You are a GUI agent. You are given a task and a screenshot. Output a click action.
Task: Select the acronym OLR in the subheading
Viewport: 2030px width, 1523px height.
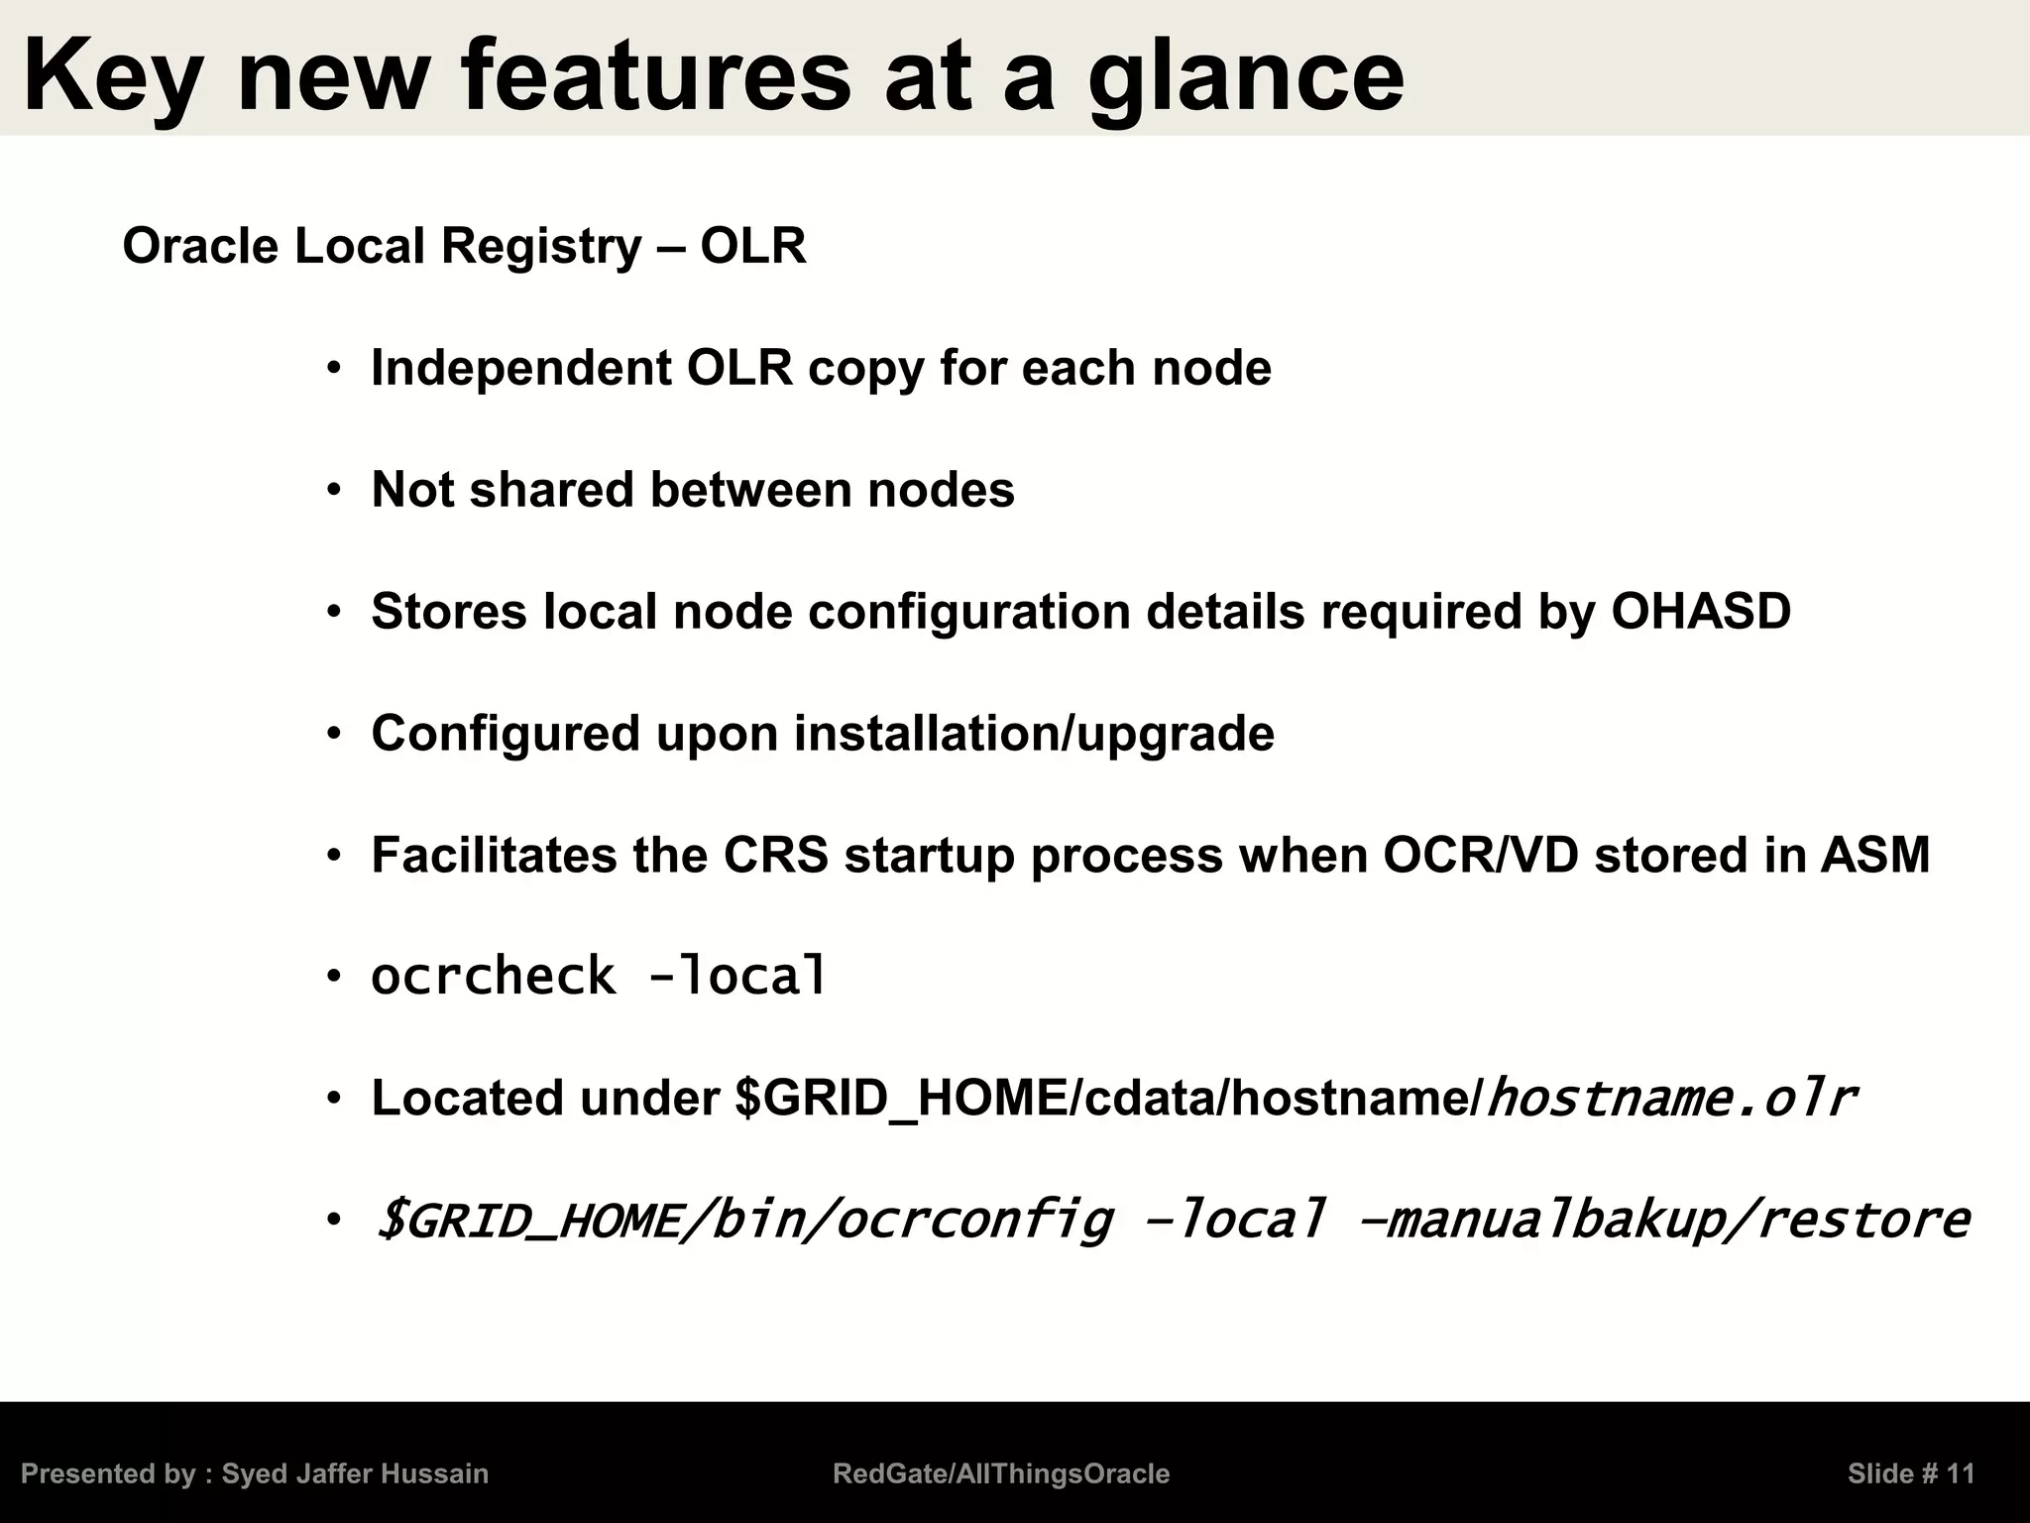[x=753, y=246]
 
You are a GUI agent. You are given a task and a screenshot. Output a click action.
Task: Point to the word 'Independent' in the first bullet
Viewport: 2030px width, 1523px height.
[x=521, y=369]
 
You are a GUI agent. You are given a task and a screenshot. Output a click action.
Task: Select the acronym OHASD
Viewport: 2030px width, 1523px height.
[x=1701, y=611]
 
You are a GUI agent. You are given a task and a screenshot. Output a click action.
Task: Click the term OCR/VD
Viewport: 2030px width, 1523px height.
[x=1480, y=856]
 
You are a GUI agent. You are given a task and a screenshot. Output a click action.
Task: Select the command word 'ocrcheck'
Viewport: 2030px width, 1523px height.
[x=493, y=977]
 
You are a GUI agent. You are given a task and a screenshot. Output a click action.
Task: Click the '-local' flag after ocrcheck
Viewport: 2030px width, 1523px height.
[x=736, y=977]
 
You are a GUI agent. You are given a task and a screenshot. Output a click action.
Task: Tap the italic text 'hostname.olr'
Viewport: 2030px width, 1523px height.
[x=1672, y=1099]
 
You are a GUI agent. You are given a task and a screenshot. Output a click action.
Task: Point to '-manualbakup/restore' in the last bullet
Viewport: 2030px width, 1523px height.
[x=1661, y=1221]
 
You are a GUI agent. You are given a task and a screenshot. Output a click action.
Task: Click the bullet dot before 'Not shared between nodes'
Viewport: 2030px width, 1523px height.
[x=334, y=491]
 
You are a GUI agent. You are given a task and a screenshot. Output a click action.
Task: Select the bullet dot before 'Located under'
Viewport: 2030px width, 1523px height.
[x=334, y=1099]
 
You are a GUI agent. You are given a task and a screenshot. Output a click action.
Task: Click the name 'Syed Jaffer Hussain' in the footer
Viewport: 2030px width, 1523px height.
[x=355, y=1474]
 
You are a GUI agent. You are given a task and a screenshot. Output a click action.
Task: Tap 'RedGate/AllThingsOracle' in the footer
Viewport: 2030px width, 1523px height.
[x=1001, y=1474]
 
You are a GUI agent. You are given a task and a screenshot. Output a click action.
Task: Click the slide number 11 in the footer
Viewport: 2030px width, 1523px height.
[x=1960, y=1474]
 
